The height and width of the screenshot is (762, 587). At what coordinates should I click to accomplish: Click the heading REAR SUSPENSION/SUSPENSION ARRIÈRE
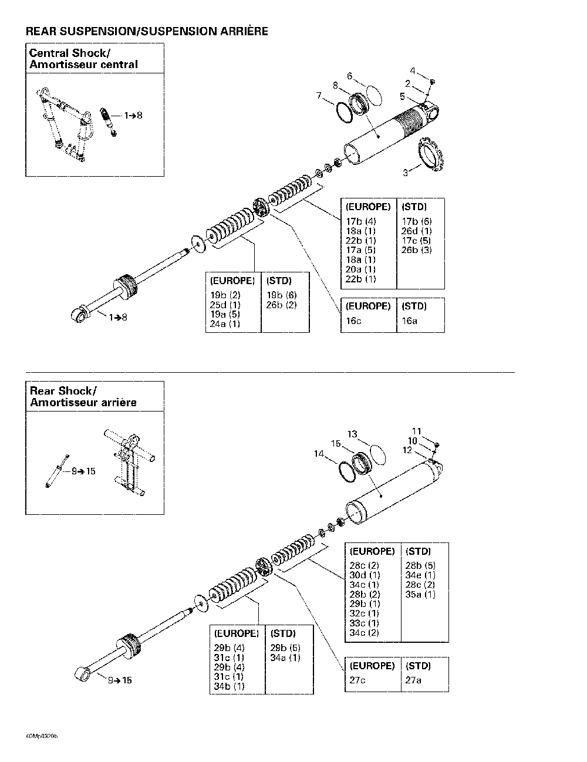[x=147, y=31]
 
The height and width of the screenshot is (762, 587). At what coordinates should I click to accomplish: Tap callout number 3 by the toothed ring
[x=405, y=173]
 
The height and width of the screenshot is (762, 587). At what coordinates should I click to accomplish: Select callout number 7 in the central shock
[x=319, y=95]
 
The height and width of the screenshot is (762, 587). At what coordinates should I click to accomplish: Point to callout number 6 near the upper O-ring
[x=349, y=76]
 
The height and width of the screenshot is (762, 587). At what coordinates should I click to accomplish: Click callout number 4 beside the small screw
[x=413, y=71]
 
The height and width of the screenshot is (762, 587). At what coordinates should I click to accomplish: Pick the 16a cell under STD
[x=409, y=321]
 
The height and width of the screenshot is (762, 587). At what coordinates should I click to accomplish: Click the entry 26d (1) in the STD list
[x=416, y=231]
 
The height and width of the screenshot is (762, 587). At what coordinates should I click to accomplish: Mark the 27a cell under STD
[x=413, y=680]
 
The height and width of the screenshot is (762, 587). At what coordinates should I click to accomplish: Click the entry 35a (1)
[x=420, y=595]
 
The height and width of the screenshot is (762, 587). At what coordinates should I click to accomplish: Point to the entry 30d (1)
[x=365, y=575]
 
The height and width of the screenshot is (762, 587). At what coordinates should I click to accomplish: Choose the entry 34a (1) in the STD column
[x=285, y=658]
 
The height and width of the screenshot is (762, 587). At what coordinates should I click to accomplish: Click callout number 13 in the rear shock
[x=352, y=434]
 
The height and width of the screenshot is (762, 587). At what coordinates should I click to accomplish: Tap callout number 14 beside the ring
[x=319, y=453]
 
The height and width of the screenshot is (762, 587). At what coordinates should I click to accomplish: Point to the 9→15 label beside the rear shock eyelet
[x=119, y=680]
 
